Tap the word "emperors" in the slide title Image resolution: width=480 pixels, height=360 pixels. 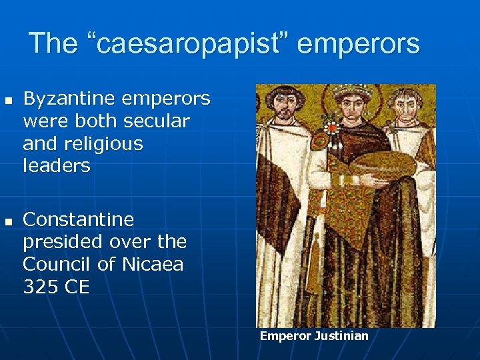coord(359,44)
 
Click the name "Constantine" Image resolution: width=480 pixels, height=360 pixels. coord(78,219)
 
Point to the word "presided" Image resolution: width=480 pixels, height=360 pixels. coord(59,241)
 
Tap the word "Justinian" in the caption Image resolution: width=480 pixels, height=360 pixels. coord(340,336)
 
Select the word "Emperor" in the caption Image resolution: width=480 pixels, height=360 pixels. coord(285,336)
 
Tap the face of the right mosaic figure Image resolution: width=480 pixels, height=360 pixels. coord(407,107)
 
